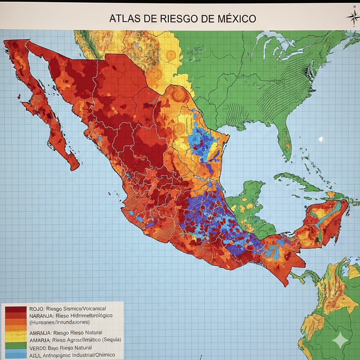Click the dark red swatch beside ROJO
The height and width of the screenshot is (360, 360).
click(x=16, y=309)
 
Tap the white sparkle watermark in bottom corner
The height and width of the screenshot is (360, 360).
click(x=340, y=340)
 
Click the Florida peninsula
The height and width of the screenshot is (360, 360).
click(x=285, y=141)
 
